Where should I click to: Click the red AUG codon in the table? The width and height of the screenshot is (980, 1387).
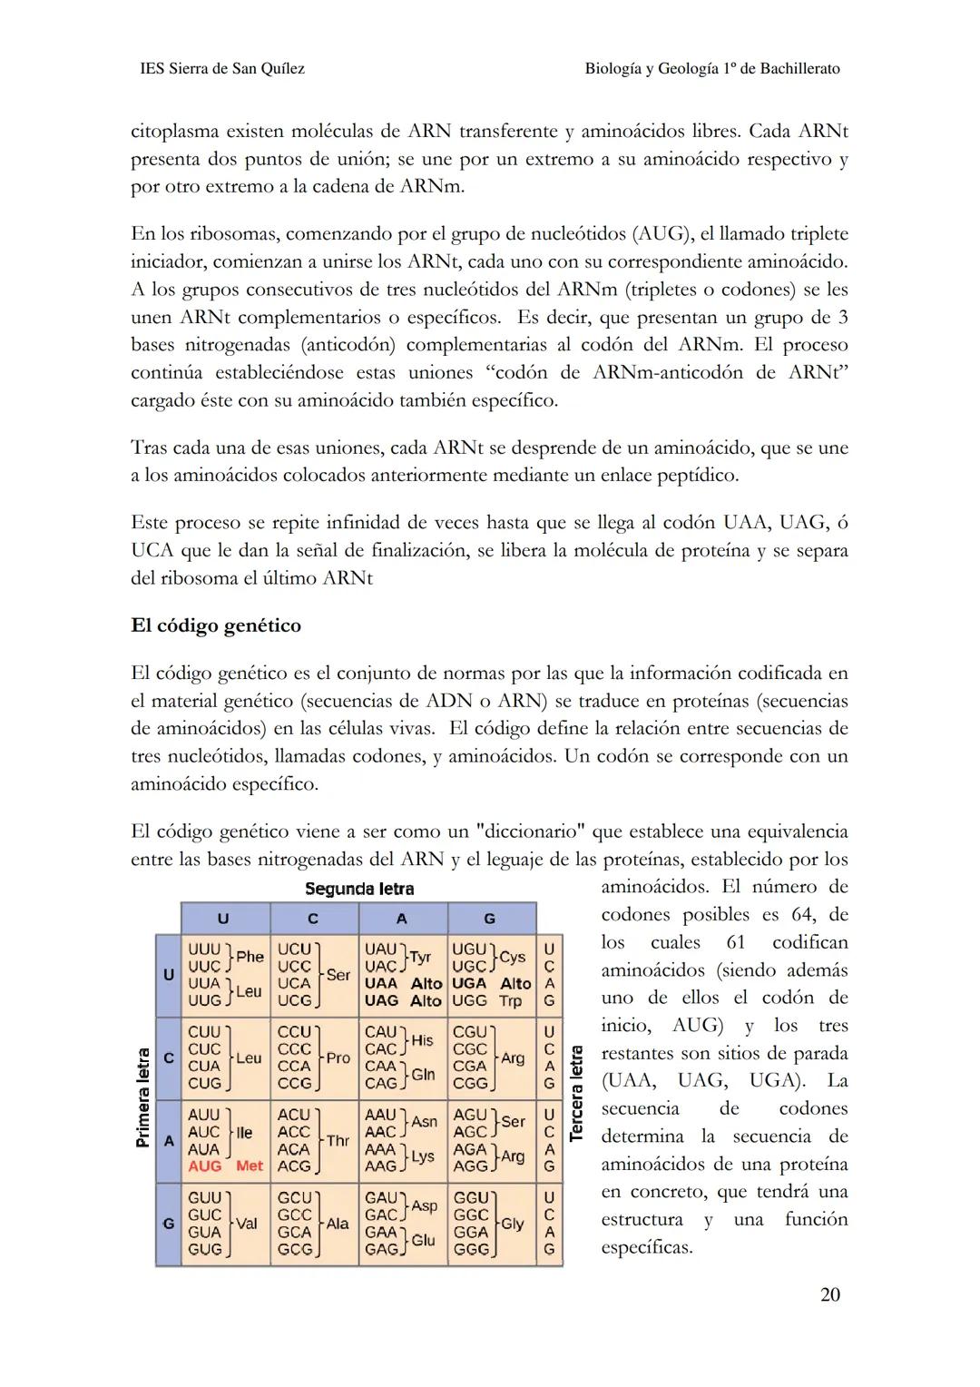(x=204, y=1166)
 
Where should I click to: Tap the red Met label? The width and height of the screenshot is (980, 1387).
(x=249, y=1166)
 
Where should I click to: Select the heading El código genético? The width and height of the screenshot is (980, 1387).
(x=216, y=625)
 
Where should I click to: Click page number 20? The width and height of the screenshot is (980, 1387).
(x=829, y=1294)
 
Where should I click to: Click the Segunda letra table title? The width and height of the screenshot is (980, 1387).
(x=359, y=889)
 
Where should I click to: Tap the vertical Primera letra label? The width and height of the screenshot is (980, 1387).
(x=142, y=1097)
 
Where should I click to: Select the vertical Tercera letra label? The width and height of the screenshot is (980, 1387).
(x=576, y=1094)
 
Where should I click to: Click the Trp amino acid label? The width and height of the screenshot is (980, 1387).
(x=510, y=1000)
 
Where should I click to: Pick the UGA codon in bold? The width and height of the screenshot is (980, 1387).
(x=469, y=983)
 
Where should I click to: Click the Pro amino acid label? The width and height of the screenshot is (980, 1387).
(x=338, y=1058)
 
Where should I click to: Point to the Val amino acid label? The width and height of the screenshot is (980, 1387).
(x=246, y=1224)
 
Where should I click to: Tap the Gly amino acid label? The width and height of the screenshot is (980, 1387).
(x=513, y=1224)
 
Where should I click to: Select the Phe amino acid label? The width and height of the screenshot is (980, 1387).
(x=250, y=957)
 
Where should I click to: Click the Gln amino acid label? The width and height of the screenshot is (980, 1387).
(x=423, y=1075)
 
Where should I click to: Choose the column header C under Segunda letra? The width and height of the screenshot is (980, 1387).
(x=313, y=919)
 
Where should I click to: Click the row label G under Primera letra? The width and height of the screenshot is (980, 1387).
(x=168, y=1224)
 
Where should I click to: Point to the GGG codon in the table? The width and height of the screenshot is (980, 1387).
(x=470, y=1249)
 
